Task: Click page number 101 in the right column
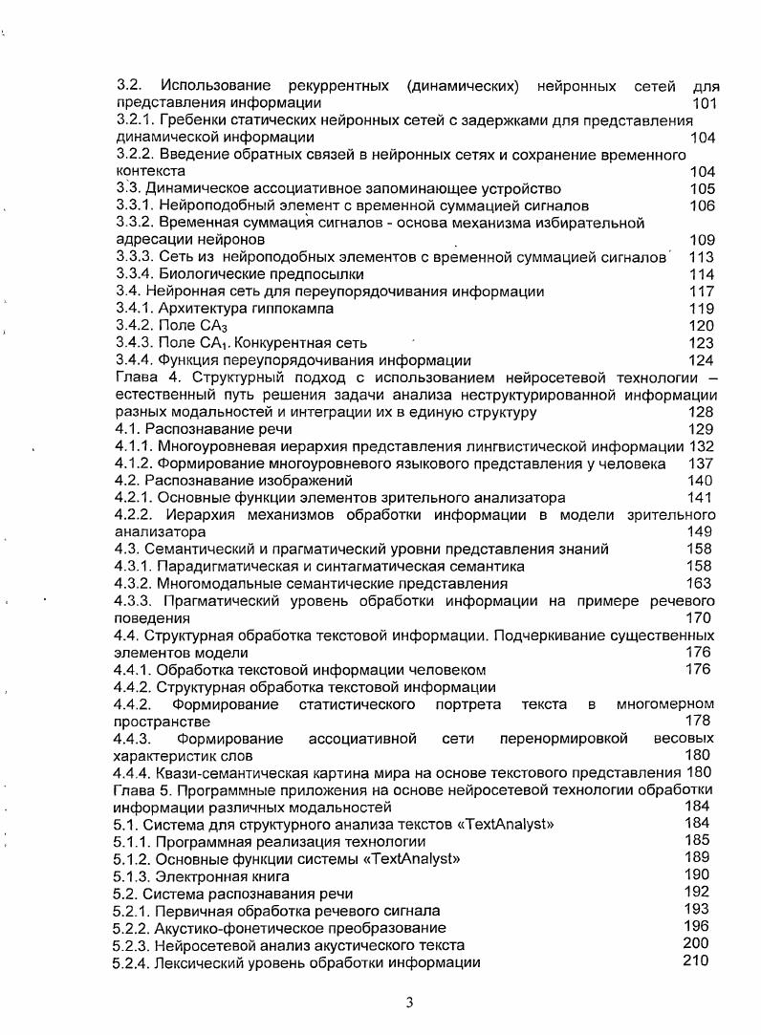704,103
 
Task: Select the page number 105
702,189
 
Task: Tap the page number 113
702,257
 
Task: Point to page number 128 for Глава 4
701,413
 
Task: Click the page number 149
701,531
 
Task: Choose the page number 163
700,583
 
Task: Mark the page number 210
696,960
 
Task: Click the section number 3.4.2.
134,326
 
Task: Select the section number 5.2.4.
132,962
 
